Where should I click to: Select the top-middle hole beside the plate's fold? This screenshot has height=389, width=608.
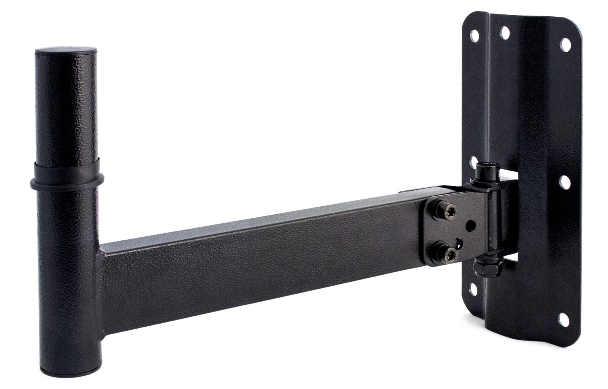coord(505,32)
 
